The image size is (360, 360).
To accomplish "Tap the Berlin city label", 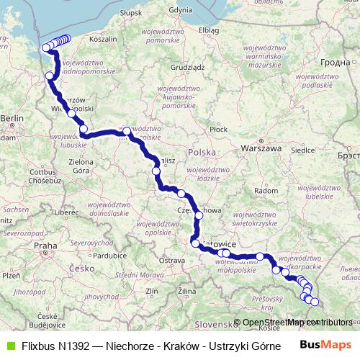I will tap(12, 117).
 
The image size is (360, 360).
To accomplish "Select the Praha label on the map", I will tap(45, 246).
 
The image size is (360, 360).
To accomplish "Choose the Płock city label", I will tap(217, 129).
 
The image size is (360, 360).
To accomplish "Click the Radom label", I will tap(267, 192).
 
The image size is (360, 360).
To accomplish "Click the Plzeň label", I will tap(12, 275).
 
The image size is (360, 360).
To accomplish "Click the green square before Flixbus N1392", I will tap(9, 345).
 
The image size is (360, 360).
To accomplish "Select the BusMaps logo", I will tap(325, 345).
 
